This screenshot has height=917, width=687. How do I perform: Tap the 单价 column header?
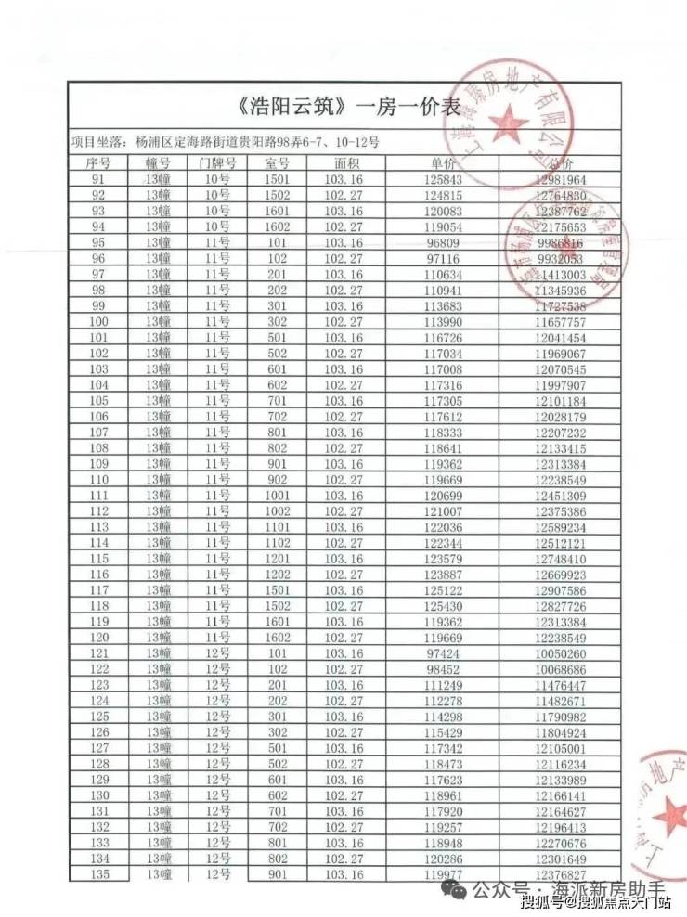(442, 162)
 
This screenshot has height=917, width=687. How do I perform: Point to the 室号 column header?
(278, 162)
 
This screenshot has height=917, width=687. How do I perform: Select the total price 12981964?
(560, 179)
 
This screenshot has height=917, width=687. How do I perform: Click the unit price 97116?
(442, 258)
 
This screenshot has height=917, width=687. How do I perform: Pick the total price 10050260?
(560, 653)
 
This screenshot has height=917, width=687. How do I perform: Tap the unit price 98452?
(442, 669)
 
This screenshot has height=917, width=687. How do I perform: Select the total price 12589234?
(560, 527)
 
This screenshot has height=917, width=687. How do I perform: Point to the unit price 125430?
(442, 606)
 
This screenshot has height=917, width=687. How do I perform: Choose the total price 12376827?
(560, 874)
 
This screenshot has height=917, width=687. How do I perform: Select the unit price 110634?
(442, 274)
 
